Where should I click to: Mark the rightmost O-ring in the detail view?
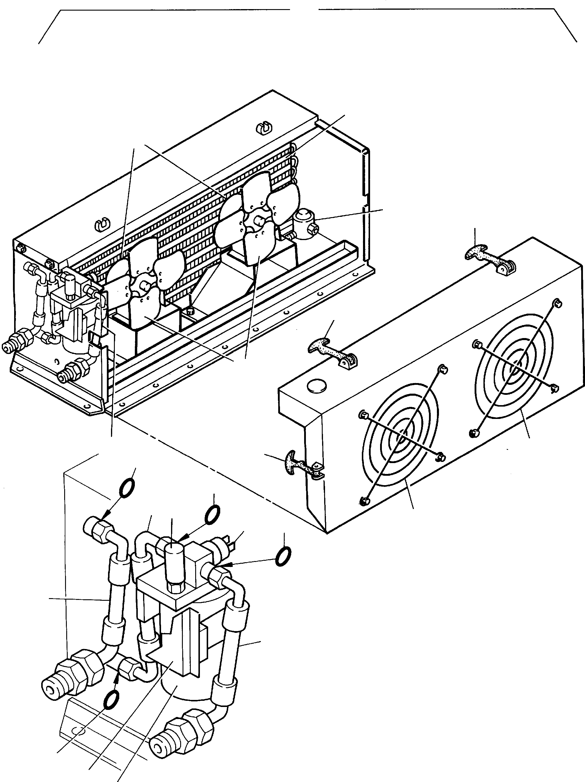(283, 557)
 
